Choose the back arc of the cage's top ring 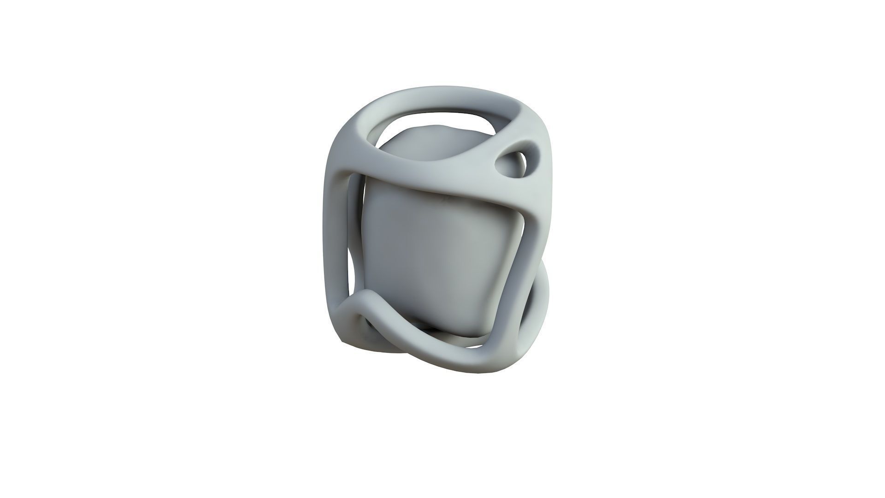[442, 106]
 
